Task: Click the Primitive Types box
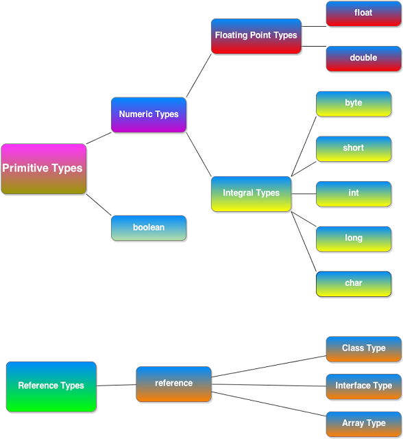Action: coord(44,169)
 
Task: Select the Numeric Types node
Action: coord(149,115)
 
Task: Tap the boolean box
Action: coord(149,228)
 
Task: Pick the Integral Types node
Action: coord(252,193)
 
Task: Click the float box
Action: coord(363,13)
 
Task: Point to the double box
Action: coord(363,58)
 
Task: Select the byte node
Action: coord(354,104)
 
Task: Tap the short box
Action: coord(354,148)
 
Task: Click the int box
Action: coord(354,193)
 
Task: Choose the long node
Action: coord(354,239)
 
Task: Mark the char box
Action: coord(354,283)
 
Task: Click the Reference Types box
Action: coord(51,386)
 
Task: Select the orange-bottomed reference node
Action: coord(174,383)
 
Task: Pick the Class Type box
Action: coord(364,348)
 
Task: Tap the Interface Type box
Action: coord(364,386)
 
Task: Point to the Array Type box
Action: coord(364,424)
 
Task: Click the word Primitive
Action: coord(25,168)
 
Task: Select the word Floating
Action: coord(232,36)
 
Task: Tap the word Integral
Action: coord(238,193)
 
